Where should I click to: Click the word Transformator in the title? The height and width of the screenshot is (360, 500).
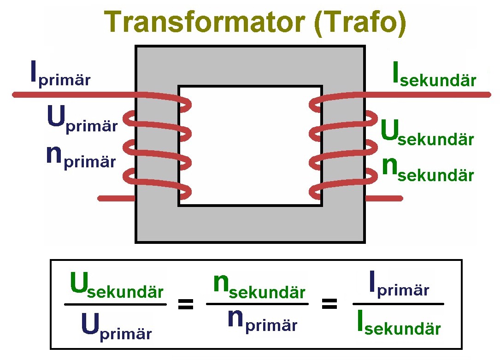pos(205,22)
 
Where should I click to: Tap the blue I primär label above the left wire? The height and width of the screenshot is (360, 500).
pos(60,74)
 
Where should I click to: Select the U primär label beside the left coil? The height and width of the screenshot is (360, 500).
pos(82,119)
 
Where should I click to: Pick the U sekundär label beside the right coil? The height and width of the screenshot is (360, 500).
pos(427,132)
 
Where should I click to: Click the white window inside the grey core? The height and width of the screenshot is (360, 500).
pos(250,146)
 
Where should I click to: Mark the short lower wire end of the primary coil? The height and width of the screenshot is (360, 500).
pos(117,198)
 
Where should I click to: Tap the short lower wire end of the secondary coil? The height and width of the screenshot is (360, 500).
pos(384,198)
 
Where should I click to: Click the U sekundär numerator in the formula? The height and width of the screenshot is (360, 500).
pos(117,285)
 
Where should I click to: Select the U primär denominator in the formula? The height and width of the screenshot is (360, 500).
pos(117,326)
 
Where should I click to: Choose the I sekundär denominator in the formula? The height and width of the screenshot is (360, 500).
pos(399,322)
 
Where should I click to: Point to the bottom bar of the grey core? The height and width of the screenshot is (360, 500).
pos(250,224)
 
